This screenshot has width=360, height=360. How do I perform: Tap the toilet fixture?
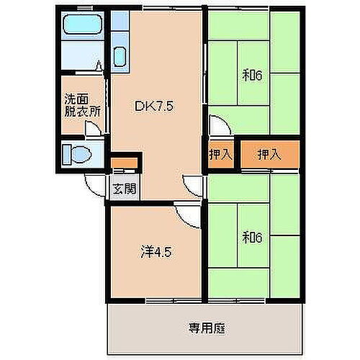pos(81,153)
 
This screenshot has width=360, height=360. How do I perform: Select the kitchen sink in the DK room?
pos(121,55)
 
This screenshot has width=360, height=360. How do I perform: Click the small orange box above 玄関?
pos(122,162)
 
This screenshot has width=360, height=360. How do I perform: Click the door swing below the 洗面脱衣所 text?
pos(91,130)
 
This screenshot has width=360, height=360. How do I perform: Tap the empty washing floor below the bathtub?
pos(81,58)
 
